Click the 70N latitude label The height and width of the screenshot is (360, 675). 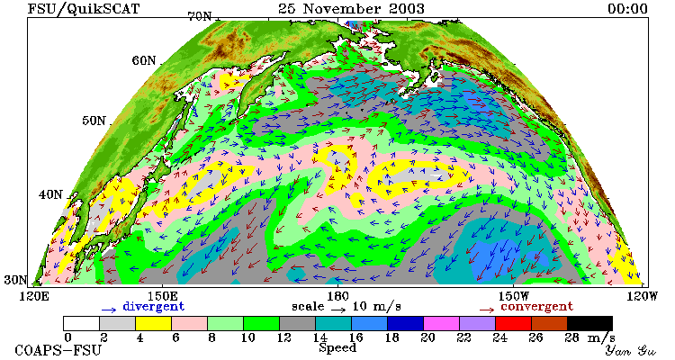tap(199, 16)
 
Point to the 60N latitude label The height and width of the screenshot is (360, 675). tap(144, 60)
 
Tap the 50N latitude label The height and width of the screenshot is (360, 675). tap(94, 121)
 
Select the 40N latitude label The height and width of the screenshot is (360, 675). tap(50, 194)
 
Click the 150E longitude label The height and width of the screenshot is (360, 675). tap(162, 296)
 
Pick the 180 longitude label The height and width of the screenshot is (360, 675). tap(337, 296)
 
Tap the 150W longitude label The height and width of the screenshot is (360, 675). tap(514, 296)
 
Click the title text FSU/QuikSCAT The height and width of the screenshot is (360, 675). tap(84, 9)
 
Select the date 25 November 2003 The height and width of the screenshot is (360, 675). tap(351, 9)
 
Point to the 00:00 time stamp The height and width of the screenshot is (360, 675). tap(627, 9)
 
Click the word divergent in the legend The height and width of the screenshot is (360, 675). tap(153, 307)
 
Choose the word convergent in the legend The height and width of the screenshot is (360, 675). tap(536, 307)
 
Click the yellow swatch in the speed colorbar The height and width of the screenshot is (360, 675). tap(153, 323)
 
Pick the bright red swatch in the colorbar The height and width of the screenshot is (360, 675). tap(513, 323)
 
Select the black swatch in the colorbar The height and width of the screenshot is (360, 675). tap(589, 323)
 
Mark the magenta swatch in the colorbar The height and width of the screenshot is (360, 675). tap(441, 323)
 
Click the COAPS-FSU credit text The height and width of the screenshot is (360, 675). tap(58, 350)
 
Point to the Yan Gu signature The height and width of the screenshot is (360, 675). tap(631, 350)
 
